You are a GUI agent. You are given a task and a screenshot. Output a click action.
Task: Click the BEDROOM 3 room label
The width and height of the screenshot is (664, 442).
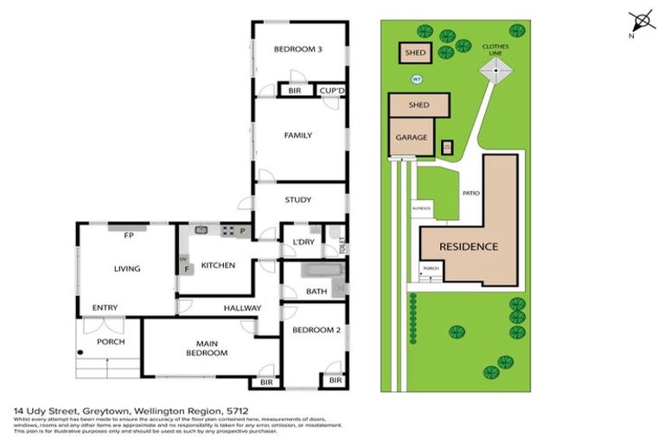[298, 49]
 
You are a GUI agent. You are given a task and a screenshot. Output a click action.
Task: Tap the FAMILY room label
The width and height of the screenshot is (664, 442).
[298, 136]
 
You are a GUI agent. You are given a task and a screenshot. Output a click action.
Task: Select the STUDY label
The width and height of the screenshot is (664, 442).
[298, 199]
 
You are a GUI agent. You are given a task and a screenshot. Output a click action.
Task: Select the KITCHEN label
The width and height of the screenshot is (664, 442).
[218, 265]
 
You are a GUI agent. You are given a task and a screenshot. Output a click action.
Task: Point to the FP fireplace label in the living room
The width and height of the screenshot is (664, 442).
[127, 235]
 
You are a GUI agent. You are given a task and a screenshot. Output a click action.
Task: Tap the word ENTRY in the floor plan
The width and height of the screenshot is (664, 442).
[105, 308]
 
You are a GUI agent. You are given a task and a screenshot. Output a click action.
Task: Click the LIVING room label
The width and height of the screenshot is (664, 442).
[127, 268]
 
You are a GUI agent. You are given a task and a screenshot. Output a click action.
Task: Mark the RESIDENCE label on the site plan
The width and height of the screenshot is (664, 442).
[469, 247]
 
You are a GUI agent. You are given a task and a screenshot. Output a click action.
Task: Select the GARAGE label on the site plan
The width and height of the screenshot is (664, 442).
[411, 137]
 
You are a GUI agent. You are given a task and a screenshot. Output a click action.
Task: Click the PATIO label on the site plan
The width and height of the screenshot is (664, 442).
[471, 193]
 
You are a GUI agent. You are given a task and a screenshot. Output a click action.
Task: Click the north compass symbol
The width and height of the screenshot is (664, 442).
[640, 21]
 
